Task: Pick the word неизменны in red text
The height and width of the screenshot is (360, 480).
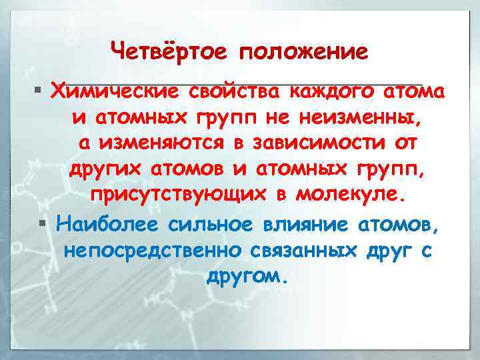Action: point(365,117)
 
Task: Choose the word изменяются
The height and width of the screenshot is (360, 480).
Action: point(179,143)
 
